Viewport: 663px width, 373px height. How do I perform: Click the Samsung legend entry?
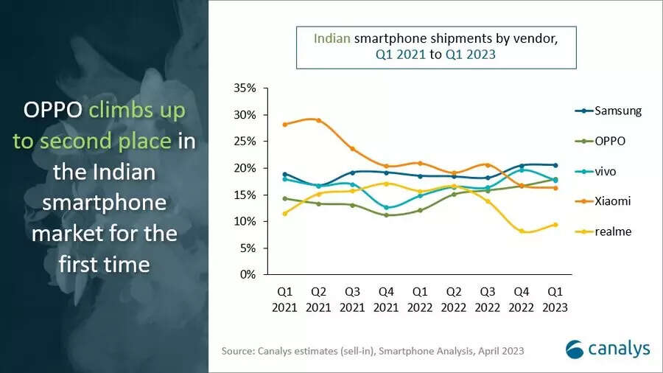click(608, 111)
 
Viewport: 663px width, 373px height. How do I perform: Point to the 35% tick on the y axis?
click(245, 88)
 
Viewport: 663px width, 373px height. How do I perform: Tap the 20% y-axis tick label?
click(245, 168)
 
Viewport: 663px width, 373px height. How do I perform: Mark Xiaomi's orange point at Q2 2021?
click(318, 120)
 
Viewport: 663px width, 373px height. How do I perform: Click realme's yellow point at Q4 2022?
click(522, 231)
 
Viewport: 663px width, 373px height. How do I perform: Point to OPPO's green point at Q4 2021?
click(386, 215)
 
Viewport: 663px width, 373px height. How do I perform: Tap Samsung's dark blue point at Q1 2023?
click(555, 165)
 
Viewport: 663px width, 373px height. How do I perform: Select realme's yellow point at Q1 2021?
click(284, 213)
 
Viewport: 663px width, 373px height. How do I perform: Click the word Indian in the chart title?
click(332, 39)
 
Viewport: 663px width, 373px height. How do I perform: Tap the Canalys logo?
click(608, 348)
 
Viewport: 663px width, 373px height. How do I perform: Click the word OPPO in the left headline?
click(53, 111)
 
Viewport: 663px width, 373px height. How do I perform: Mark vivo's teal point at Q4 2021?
click(386, 207)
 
